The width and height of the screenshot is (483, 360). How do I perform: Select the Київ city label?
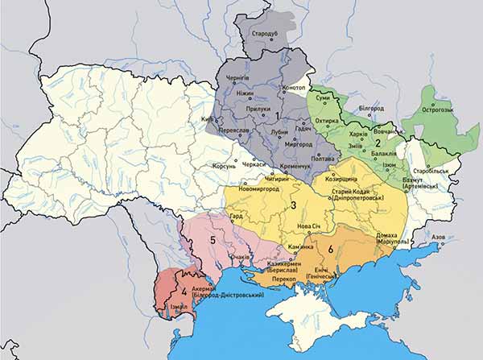click(x=200, y=121)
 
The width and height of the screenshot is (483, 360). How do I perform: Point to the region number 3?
click(x=295, y=205)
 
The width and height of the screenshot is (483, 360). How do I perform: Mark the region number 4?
click(x=184, y=290)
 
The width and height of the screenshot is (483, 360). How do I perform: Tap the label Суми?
click(x=323, y=97)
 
